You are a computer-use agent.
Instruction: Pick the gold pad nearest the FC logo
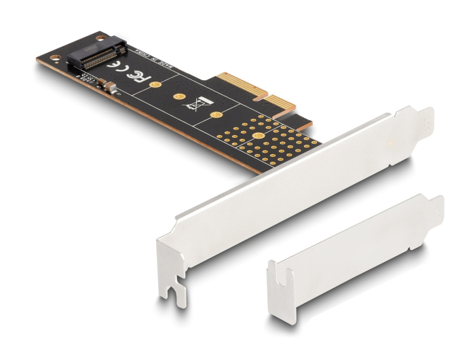(154, 85)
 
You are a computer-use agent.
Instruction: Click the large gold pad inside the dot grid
(259, 137)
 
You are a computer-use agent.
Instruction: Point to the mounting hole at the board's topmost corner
(102, 36)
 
